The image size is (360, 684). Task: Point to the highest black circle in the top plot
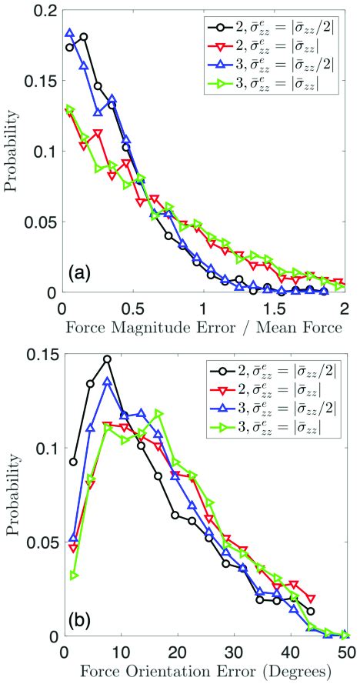click(84, 36)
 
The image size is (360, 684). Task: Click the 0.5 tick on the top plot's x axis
click(132, 307)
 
